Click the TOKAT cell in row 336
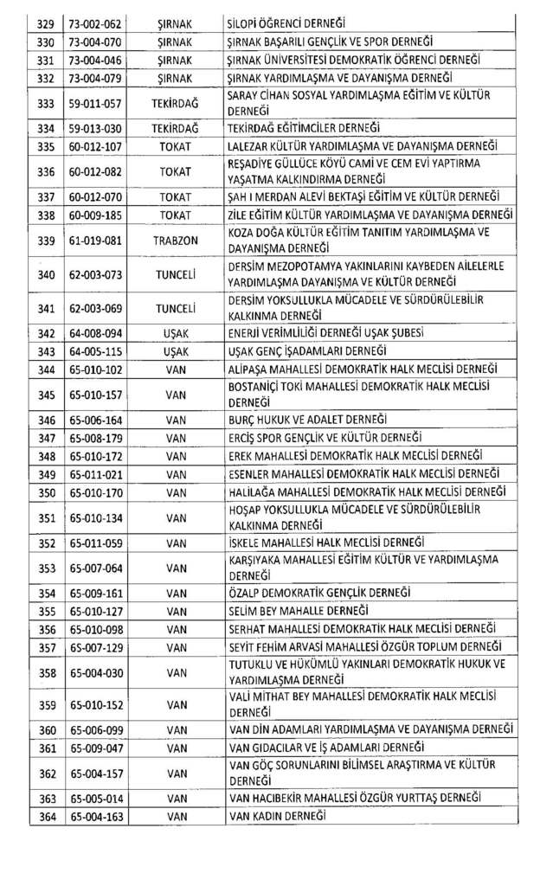coord(176,171)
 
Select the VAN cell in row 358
coord(176,671)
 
